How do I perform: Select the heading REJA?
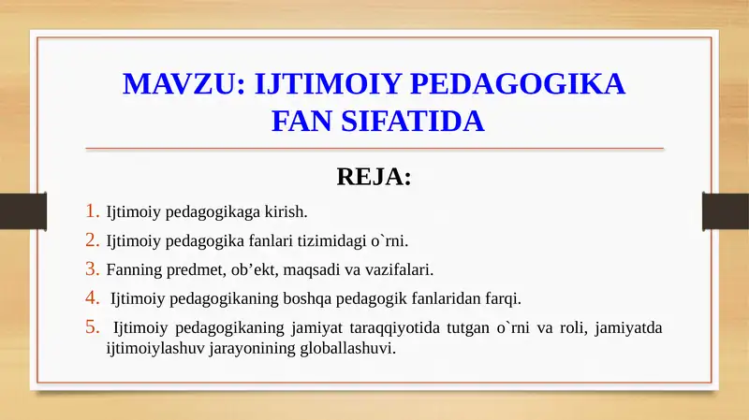pyautogui.click(x=374, y=177)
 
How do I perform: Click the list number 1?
pyautogui.click(x=92, y=211)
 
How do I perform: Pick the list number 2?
pyautogui.click(x=92, y=240)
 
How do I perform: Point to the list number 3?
pyautogui.click(x=92, y=269)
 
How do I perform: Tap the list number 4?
pyautogui.click(x=92, y=298)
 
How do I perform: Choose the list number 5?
pyautogui.click(x=92, y=327)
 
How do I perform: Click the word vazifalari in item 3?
pyautogui.click(x=401, y=270)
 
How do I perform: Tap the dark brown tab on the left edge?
pyautogui.click(x=17, y=210)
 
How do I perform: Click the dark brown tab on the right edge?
pyautogui.click(x=727, y=210)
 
